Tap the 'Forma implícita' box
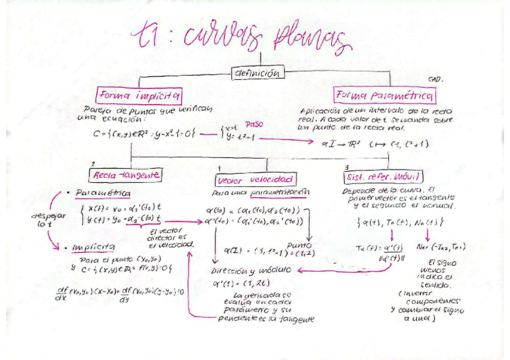(140, 95)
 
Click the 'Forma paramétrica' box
(386, 96)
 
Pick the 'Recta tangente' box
(126, 175)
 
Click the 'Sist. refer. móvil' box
(383, 177)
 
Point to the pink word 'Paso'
(254, 123)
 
